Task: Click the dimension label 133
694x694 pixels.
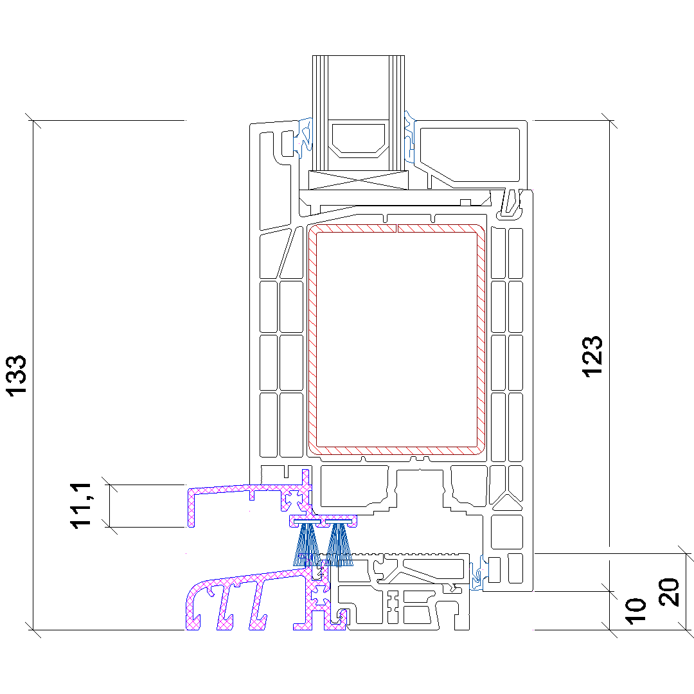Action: click(x=16, y=375)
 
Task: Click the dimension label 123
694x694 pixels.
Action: click(x=592, y=356)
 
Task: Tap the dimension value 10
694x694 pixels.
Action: click(x=636, y=611)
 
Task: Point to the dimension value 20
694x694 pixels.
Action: click(x=669, y=592)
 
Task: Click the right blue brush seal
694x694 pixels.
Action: click(x=339, y=544)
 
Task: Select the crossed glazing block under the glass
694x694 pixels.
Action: click(x=359, y=181)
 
